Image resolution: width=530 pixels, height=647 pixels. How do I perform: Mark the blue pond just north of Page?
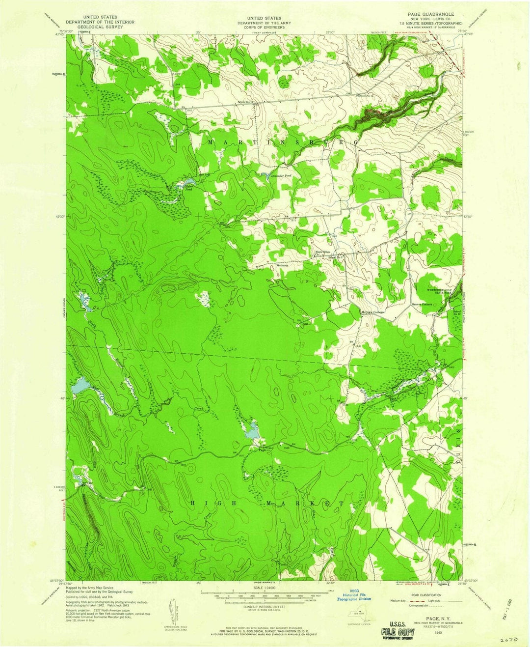tap(253, 431)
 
